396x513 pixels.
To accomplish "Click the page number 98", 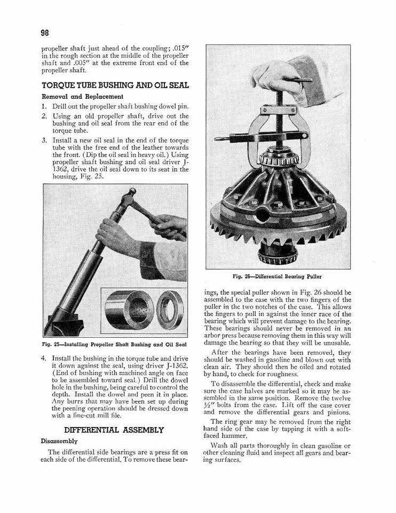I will click(x=44, y=33).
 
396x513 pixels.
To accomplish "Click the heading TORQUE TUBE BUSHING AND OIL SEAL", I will click(x=115, y=86).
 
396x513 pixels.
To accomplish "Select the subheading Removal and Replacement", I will click(x=82, y=97).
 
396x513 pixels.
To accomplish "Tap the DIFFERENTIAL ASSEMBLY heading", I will click(x=114, y=430).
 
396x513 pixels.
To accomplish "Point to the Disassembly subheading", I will click(x=59, y=441).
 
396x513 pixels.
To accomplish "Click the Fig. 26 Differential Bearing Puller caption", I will click(x=277, y=277).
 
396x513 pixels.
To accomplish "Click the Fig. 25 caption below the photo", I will click(x=114, y=344).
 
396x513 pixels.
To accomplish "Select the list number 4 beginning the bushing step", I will click(x=44, y=359).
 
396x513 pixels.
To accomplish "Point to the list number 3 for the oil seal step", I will click(x=44, y=141).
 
